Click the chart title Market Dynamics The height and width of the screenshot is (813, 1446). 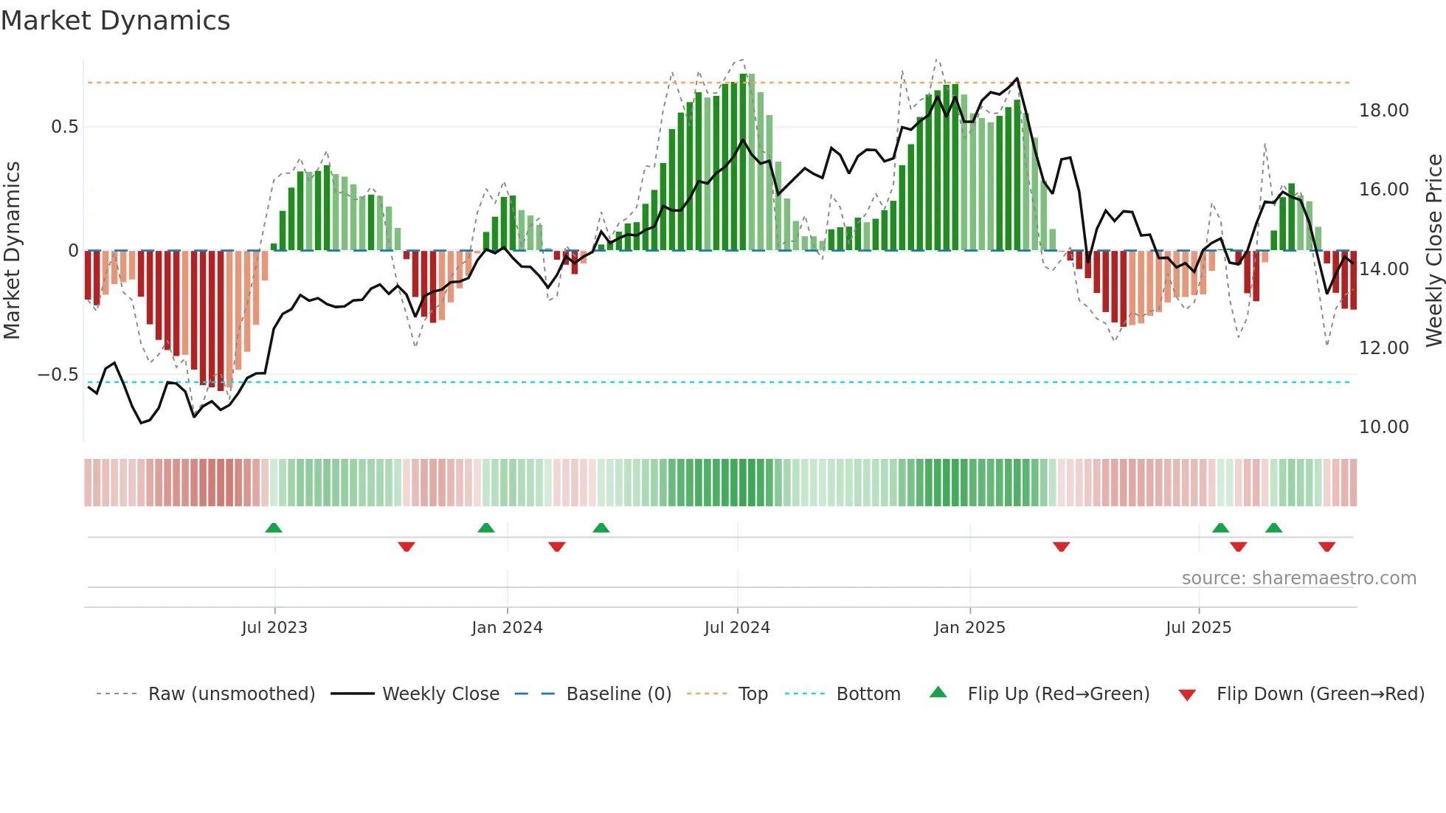pyautogui.click(x=115, y=21)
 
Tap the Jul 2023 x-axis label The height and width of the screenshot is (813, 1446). pyautogui.click(x=274, y=628)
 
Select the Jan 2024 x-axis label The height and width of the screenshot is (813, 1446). pyautogui.click(x=507, y=628)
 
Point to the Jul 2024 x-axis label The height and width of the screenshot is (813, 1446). pyautogui.click(x=737, y=628)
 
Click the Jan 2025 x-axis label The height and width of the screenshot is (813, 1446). pyautogui.click(x=969, y=628)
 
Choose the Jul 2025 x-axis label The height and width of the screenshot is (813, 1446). pyautogui.click(x=1199, y=628)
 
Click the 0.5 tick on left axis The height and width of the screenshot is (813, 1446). pyautogui.click(x=64, y=127)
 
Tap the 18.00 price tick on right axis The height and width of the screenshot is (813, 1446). pyautogui.click(x=1383, y=111)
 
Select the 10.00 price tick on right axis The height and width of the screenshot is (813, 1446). pyautogui.click(x=1383, y=427)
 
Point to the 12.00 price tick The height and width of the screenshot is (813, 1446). pyautogui.click(x=1383, y=348)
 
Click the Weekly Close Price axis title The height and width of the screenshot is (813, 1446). pyautogui.click(x=1433, y=250)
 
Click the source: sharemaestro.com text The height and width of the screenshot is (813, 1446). pyautogui.click(x=1298, y=578)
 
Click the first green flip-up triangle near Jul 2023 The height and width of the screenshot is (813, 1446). pyautogui.click(x=274, y=527)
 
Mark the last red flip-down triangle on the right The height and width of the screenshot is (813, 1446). pyautogui.click(x=1326, y=547)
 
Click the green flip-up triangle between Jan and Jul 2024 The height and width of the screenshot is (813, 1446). pyautogui.click(x=601, y=527)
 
